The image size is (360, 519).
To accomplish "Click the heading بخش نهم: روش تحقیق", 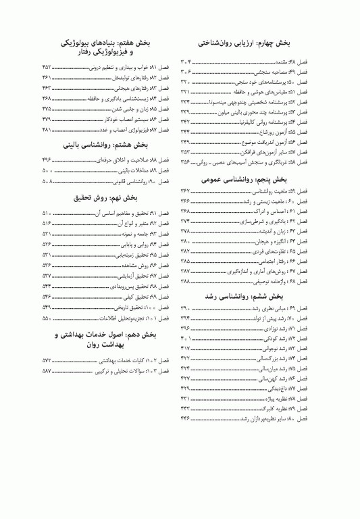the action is coord(105,198).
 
